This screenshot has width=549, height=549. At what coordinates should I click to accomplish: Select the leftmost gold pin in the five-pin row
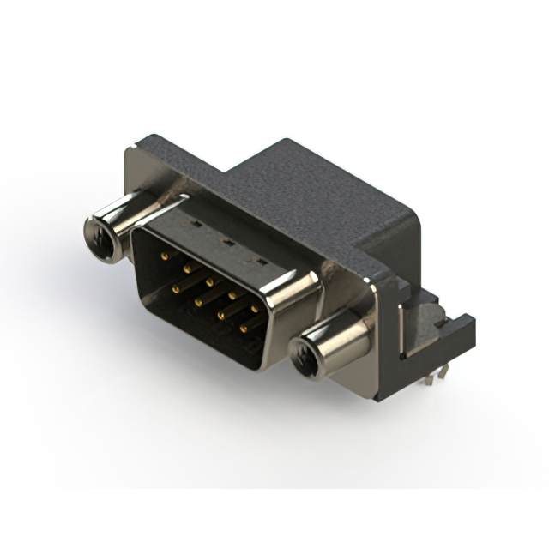click(164, 255)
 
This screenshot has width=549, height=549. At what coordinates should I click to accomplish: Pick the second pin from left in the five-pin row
click(186, 268)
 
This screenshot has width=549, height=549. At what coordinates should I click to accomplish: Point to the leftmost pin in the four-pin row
click(175, 289)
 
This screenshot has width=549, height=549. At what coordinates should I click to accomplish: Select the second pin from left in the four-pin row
click(197, 302)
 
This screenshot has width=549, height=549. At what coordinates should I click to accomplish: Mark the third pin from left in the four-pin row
click(220, 316)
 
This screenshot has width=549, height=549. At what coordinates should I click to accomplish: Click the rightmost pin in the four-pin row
click(244, 329)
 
